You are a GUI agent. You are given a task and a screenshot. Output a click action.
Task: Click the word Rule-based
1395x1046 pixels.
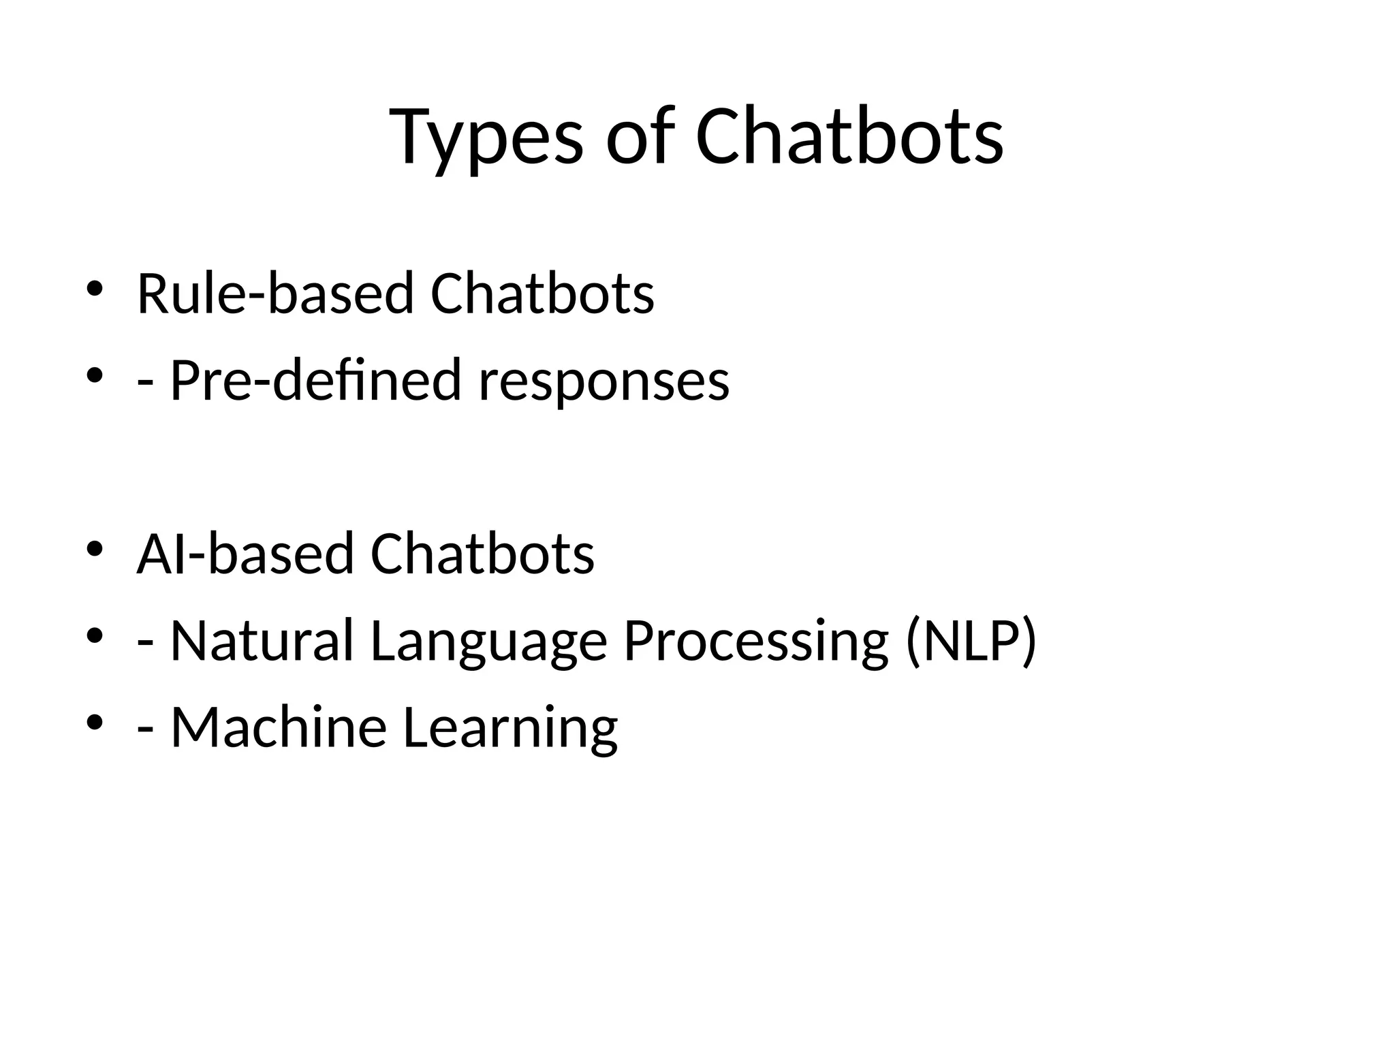(275, 294)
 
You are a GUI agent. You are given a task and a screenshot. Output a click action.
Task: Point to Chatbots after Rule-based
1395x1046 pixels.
(542, 294)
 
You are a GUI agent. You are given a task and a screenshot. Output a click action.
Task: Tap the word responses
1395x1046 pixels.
(604, 381)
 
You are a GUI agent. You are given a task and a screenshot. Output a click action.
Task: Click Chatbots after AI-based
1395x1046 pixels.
(482, 553)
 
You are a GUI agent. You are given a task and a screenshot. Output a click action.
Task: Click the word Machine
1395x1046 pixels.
(279, 727)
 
